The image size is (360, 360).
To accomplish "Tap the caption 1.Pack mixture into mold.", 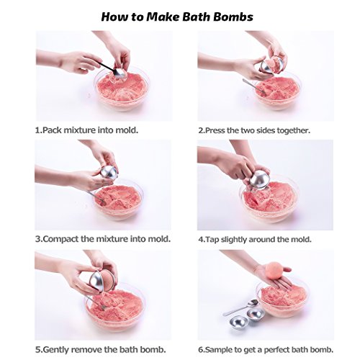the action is [86, 130].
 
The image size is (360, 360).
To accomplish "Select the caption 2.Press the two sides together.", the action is [254, 130].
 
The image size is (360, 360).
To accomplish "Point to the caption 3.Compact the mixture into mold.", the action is [103, 239].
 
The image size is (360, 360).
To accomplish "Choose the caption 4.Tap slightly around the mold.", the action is [255, 239].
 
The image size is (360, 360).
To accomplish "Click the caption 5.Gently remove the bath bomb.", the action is [101, 349].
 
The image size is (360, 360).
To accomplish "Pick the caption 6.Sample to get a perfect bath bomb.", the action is [266, 349].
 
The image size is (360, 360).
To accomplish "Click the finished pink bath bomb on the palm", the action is [274, 271].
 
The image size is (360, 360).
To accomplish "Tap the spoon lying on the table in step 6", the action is [240, 307].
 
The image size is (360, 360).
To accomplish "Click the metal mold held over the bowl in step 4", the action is [258, 181].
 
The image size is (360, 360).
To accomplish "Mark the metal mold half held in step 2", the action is [268, 66].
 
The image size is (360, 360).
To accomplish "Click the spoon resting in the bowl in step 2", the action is [254, 86].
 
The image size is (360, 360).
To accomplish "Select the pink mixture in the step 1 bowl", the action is [122, 88].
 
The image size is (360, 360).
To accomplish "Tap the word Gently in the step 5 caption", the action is [56, 349].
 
